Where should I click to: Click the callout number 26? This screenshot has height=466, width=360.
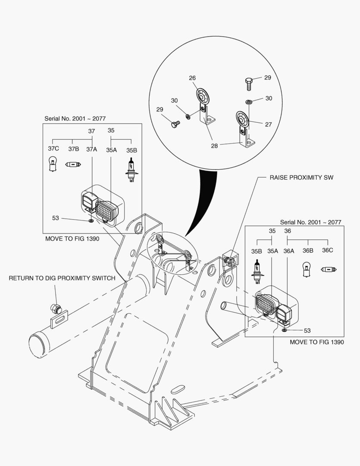[x=192, y=78]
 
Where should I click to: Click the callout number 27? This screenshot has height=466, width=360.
[x=268, y=124]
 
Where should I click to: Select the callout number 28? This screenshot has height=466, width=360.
[x=214, y=145]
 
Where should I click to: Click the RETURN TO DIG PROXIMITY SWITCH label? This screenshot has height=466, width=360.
[x=62, y=278]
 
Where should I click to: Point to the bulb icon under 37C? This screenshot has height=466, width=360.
[x=53, y=164]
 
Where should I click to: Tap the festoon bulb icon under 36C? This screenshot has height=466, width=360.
[x=328, y=269]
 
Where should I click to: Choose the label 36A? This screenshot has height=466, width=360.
[x=288, y=251]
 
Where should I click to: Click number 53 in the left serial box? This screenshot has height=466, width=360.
[x=56, y=218]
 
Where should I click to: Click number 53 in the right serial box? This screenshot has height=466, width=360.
[x=307, y=331]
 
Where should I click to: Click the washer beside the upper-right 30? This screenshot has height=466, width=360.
[x=249, y=102]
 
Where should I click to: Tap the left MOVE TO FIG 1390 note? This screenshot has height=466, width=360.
[x=72, y=239]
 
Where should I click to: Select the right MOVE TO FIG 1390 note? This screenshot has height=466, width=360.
[x=316, y=342]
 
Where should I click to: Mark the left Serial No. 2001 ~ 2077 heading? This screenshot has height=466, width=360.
[x=75, y=118]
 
